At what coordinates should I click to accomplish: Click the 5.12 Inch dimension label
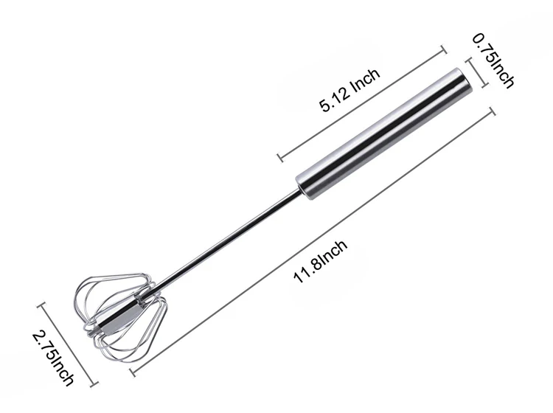tap(349, 90)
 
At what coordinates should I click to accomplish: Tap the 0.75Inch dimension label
tap(493, 60)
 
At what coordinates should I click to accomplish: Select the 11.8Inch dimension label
tap(320, 262)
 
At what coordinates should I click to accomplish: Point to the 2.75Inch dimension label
tap(53, 358)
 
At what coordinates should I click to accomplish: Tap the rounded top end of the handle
tap(460, 77)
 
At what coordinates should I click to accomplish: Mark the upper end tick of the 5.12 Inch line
tap(444, 49)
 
